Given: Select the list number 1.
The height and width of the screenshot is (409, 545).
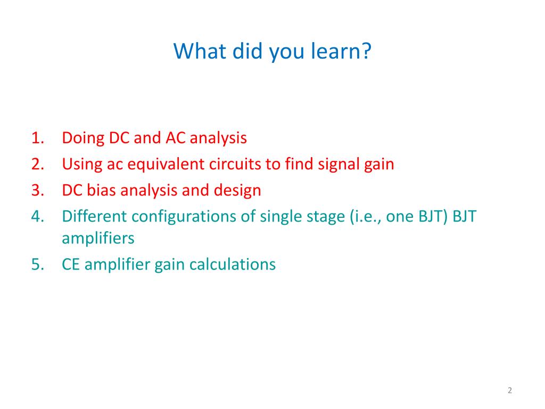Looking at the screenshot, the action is tap(38, 138).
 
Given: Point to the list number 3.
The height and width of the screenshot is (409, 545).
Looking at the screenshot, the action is tap(38, 191).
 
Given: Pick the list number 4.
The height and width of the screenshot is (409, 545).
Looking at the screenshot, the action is tap(38, 217).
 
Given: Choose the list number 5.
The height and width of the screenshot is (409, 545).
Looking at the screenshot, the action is tap(38, 265).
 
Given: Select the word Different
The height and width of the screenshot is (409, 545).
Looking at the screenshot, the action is tap(94, 216).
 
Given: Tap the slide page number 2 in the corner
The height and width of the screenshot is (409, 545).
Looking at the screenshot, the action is tap(510, 390).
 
